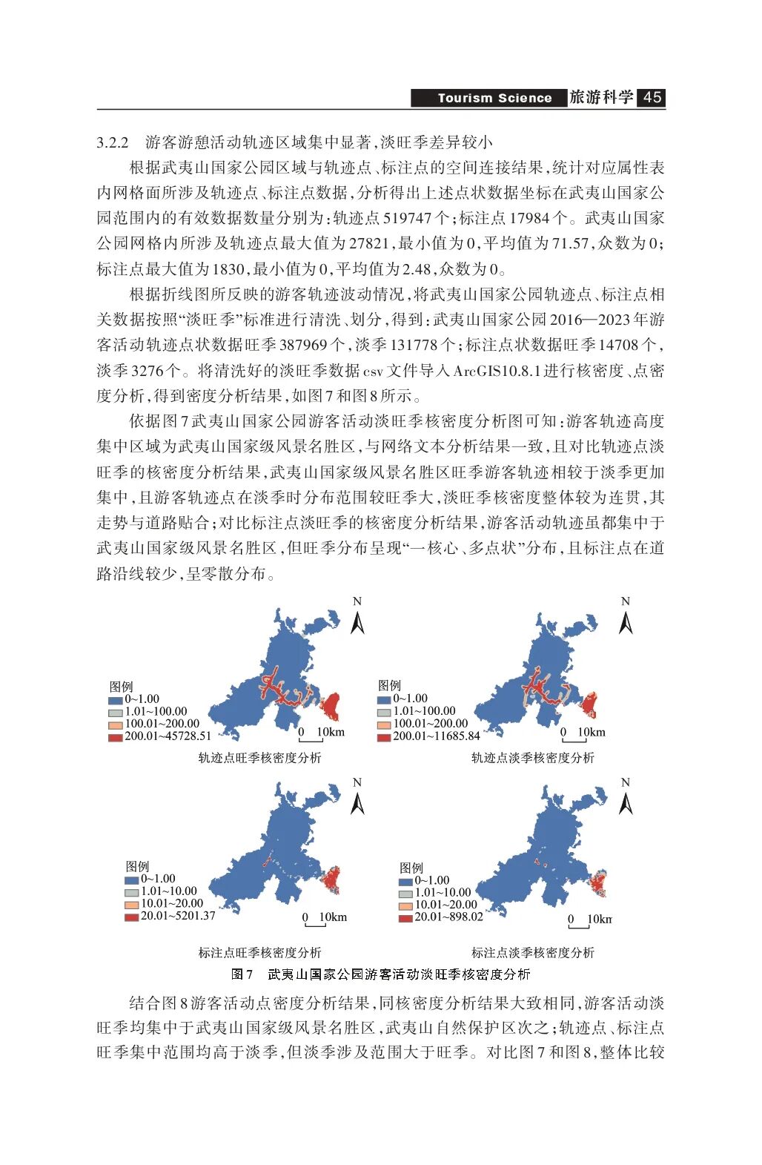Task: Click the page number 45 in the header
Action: (x=652, y=97)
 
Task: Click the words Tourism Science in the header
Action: (x=494, y=98)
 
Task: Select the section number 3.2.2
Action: (x=113, y=142)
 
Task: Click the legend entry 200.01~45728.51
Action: (x=168, y=736)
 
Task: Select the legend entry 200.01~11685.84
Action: (x=436, y=736)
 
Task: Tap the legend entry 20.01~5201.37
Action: (x=178, y=916)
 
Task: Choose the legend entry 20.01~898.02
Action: (x=448, y=917)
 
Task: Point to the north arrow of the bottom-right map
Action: (x=626, y=798)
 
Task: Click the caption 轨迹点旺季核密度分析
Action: (x=259, y=757)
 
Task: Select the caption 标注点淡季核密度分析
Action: (x=532, y=952)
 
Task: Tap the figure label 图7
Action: (x=242, y=974)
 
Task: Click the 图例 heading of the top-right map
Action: (x=389, y=685)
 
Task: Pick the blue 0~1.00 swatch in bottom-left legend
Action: (x=132, y=879)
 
